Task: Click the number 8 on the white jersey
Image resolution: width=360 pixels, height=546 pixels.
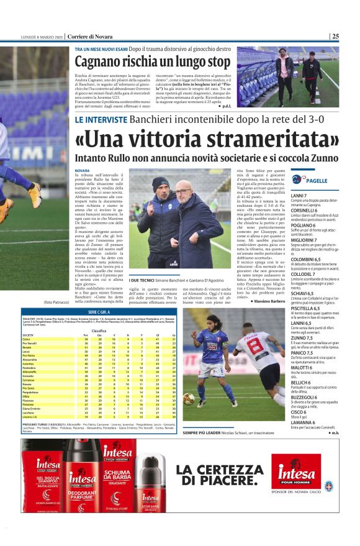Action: [x=254, y=345]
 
